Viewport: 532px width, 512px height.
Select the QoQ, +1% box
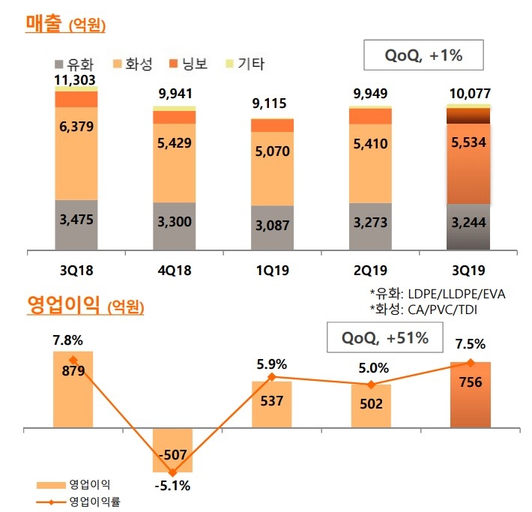pyautogui.click(x=423, y=55)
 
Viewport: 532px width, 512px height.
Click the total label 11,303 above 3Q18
pyautogui.click(x=76, y=79)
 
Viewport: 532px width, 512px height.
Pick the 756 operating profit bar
pyautogui.click(x=469, y=396)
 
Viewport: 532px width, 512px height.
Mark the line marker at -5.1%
pyautogui.click(x=173, y=472)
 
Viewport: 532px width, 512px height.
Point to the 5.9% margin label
pyautogui.click(x=272, y=365)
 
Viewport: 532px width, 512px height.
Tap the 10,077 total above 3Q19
pyautogui.click(x=469, y=96)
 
